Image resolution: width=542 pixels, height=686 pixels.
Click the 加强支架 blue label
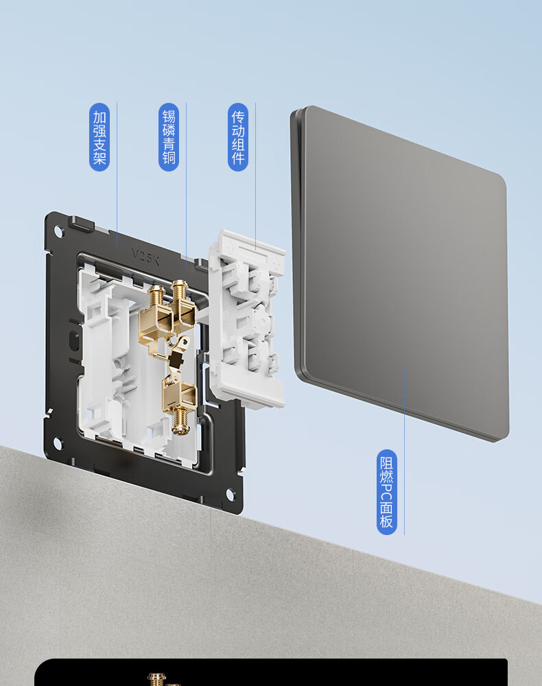(x=99, y=137)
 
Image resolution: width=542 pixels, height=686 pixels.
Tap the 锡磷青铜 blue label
(x=168, y=137)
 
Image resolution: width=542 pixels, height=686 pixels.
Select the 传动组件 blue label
(x=238, y=137)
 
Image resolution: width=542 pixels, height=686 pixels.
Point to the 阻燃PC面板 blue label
(x=387, y=492)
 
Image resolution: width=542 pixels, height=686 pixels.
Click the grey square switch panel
(x=399, y=274)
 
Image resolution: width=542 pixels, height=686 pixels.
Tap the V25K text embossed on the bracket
(x=145, y=257)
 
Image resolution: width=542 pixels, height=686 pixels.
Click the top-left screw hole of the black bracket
(x=58, y=230)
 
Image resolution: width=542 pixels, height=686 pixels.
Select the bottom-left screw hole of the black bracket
(x=58, y=443)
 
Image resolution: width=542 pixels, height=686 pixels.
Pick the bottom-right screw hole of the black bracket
(x=230, y=495)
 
